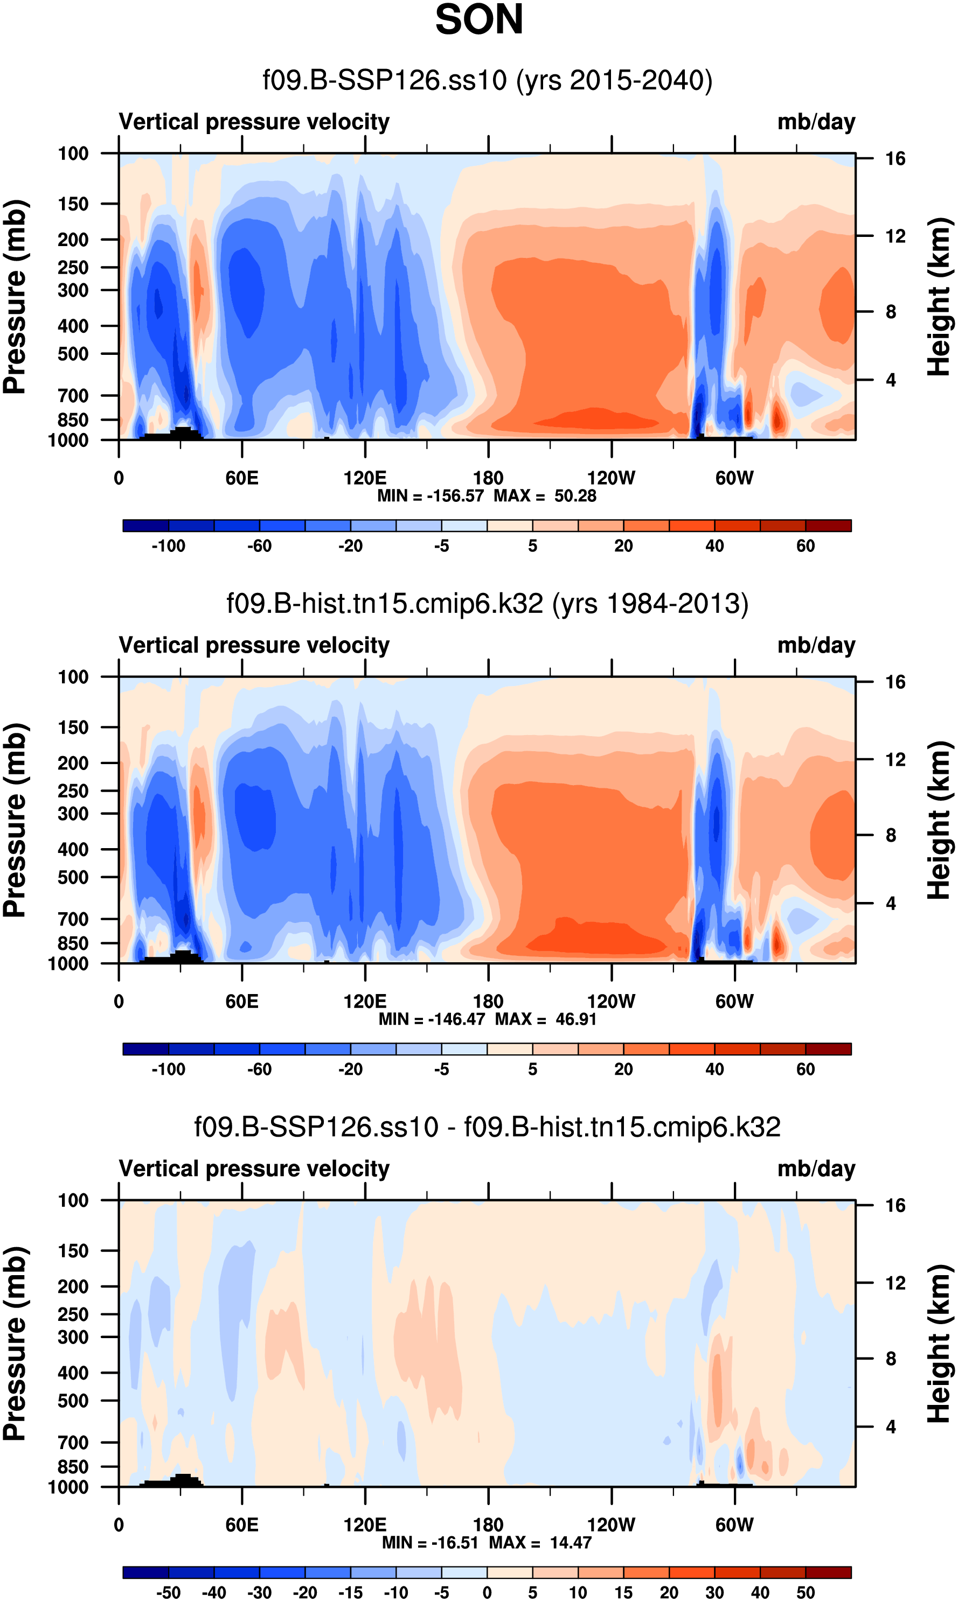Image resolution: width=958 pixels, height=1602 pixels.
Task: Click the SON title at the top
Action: pyautogui.click(x=479, y=19)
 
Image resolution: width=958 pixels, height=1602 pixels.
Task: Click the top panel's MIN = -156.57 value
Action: pyautogui.click(x=431, y=495)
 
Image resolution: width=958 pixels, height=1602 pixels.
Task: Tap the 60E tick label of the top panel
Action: pyautogui.click(x=242, y=478)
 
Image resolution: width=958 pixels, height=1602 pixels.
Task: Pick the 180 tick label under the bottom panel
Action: pyautogui.click(x=488, y=1524)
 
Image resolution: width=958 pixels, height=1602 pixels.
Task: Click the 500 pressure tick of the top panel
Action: pyautogui.click(x=73, y=354)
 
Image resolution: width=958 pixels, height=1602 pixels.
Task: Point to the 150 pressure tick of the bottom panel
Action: pyautogui.click(x=73, y=1251)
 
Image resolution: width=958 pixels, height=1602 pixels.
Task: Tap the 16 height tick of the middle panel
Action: pyautogui.click(x=895, y=682)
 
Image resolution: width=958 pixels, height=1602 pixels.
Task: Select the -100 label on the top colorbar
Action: pyautogui.click(x=169, y=546)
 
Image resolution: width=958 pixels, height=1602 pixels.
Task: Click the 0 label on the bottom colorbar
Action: pyautogui.click(x=488, y=1592)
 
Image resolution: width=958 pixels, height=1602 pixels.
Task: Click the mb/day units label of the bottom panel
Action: pyautogui.click(x=816, y=1169)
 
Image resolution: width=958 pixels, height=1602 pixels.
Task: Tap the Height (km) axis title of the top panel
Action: pyautogui.click(x=939, y=297)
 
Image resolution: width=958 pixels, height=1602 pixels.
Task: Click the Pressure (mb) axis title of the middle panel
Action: pyautogui.click(x=14, y=820)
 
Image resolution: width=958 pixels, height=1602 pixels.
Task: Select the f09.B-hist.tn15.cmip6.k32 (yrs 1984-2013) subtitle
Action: pyautogui.click(x=488, y=604)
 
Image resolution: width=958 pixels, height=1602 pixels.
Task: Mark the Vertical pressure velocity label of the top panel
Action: pyautogui.click(x=254, y=122)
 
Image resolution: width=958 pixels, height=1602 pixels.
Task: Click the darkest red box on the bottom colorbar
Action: pyautogui.click(x=828, y=1572)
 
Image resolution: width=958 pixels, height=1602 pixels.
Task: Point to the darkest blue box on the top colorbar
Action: pyautogui.click(x=146, y=526)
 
